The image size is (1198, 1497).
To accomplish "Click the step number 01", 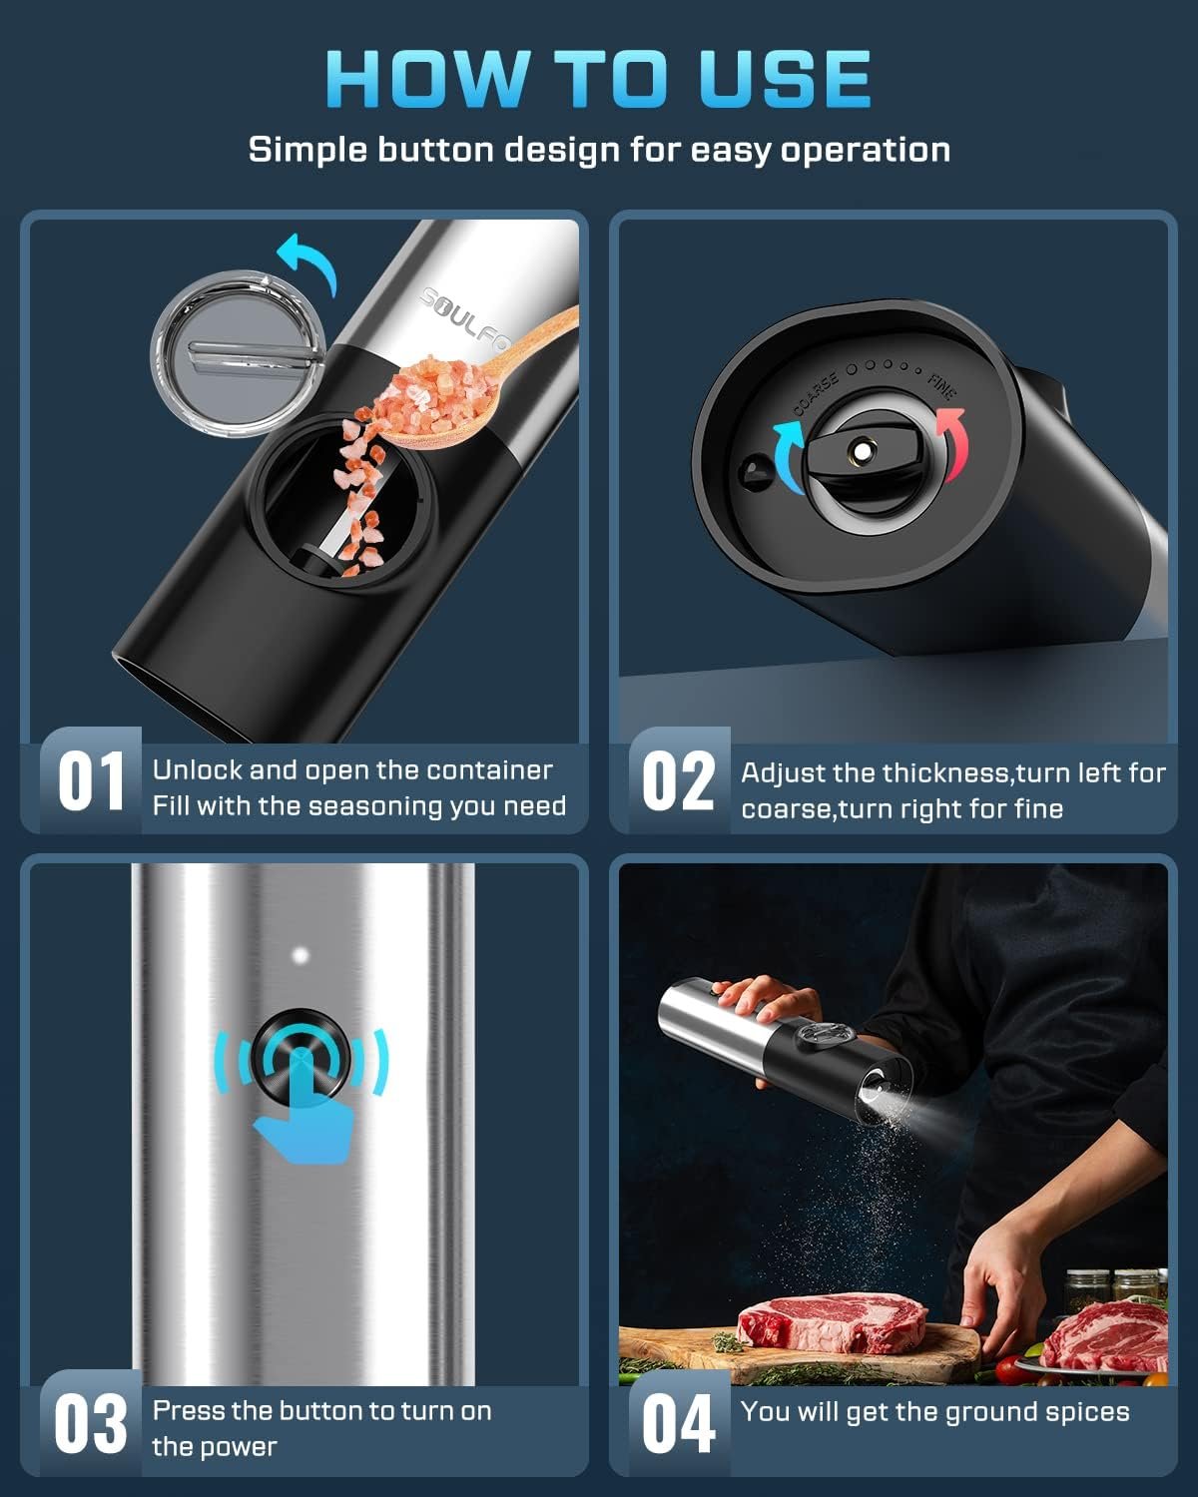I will click(x=91, y=783).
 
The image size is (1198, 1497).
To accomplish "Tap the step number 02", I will click(x=679, y=783).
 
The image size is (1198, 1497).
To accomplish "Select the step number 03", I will click(x=91, y=1424).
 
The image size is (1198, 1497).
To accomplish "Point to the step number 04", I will click(x=679, y=1424).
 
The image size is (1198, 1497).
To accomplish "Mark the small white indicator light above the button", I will click(x=299, y=955).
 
